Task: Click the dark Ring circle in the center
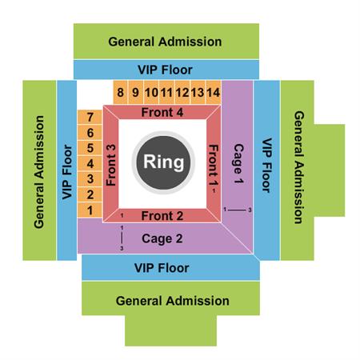coord(163,162)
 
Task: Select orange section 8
coord(121,92)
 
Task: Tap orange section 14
coord(214,92)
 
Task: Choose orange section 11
coord(166,92)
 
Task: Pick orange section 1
coord(90,210)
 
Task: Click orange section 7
coord(90,117)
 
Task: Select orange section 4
coord(90,163)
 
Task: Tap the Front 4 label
coord(162,112)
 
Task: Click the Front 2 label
coord(162,216)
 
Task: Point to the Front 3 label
coord(111,165)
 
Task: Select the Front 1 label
coord(214,165)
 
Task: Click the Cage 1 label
coord(238,164)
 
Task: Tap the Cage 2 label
coord(162,239)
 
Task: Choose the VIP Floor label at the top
coord(165,70)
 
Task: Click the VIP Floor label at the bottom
coord(162,268)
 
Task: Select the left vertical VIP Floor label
coord(67,172)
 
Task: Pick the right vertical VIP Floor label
coord(266,166)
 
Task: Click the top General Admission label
coord(165,42)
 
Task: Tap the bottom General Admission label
coord(173,301)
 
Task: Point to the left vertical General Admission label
coord(39,172)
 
